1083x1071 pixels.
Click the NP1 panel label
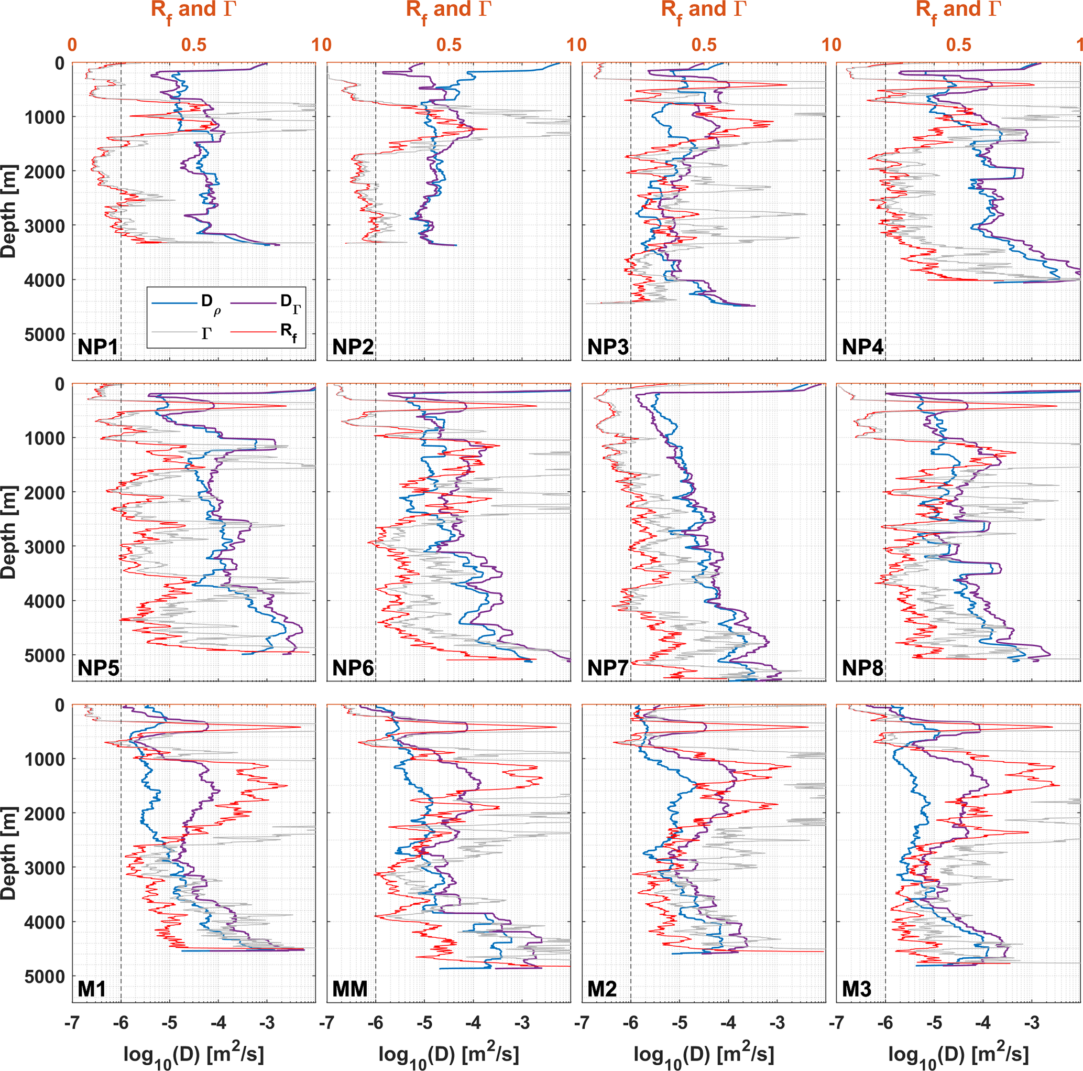click(97, 347)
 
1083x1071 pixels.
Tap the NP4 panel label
click(862, 347)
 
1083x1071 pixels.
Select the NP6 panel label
click(353, 668)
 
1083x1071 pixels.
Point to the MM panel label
click(350, 989)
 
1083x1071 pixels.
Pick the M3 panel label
click(857, 989)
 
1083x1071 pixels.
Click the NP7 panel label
click(608, 668)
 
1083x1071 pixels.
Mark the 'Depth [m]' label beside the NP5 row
click(8, 533)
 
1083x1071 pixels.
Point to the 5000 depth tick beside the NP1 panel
click(45, 334)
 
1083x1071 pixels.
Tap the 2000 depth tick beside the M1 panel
click(45, 814)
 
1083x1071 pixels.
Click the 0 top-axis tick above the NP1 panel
click(72, 45)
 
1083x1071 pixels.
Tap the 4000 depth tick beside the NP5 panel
click(45, 601)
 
